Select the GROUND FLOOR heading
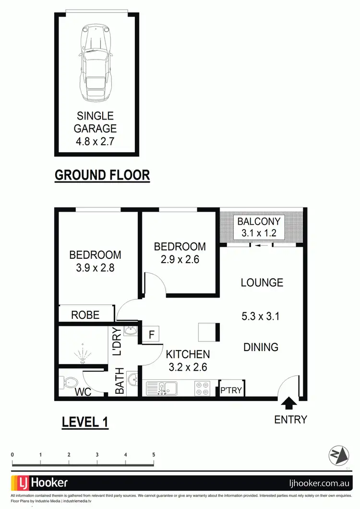102,175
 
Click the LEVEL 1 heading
85,423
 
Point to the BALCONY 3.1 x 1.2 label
261,228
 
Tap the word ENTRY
290,420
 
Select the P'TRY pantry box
231,389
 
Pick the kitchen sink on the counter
163,388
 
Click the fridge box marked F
151,335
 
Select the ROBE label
85,315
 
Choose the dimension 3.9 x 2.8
95,268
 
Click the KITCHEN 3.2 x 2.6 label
188,360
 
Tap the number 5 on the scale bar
154,454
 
